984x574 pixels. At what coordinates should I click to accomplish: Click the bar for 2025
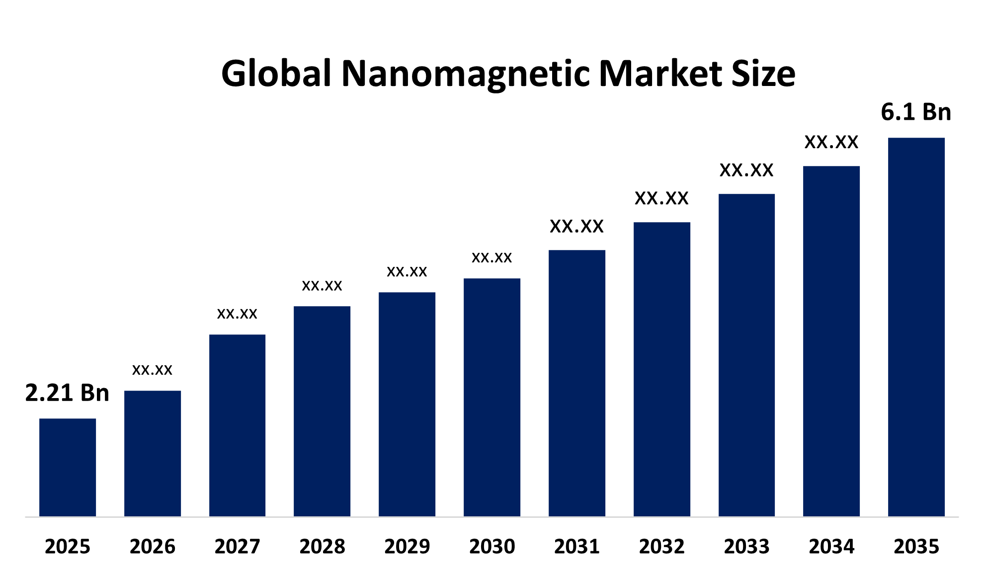tap(68, 467)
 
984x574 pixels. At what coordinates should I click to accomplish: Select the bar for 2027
tap(237, 425)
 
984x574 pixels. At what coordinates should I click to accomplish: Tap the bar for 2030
tap(492, 398)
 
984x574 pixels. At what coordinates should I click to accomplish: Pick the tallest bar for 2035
tap(916, 327)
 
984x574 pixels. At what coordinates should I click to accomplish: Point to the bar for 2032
tap(661, 369)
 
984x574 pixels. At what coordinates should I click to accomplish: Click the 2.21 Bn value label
tap(67, 393)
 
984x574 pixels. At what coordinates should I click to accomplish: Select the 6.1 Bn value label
tap(916, 112)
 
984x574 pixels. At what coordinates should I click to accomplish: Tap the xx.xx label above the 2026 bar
tap(152, 370)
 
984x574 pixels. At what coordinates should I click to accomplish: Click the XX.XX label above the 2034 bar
tap(831, 143)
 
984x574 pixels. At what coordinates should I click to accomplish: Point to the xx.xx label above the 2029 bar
tap(407, 272)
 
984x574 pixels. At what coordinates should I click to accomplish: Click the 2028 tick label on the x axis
tap(322, 547)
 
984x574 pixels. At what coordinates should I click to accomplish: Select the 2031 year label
tap(577, 547)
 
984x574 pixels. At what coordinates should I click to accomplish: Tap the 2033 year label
tap(746, 547)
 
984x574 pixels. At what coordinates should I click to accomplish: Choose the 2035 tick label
tap(916, 547)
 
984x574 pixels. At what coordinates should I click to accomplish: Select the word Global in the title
tap(276, 74)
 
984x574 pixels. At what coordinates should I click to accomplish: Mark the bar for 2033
tap(746, 355)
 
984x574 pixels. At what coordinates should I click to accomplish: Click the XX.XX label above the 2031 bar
tap(576, 227)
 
